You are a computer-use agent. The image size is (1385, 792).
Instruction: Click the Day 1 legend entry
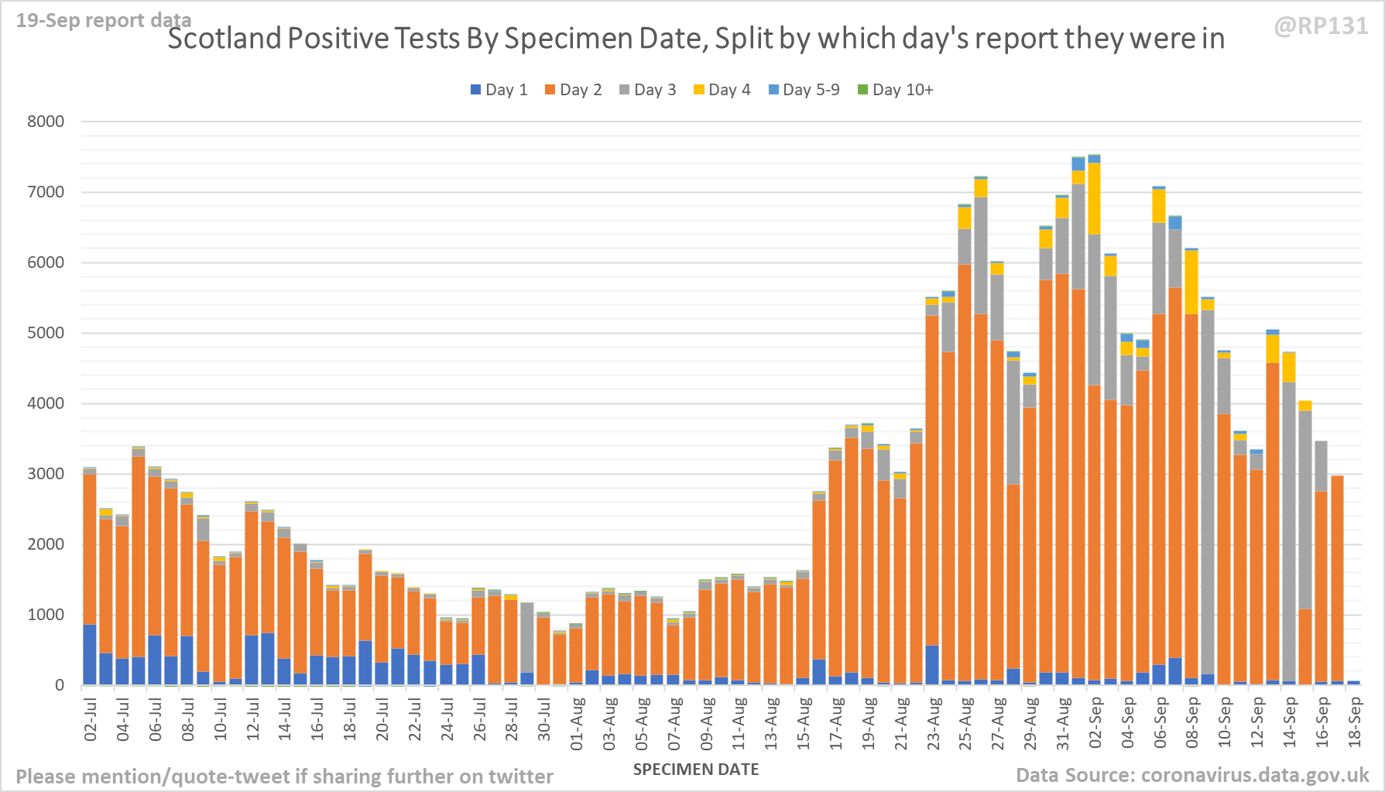click(499, 90)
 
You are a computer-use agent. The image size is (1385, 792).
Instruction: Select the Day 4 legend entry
click(722, 90)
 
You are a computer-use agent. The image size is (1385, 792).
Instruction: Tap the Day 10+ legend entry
click(896, 90)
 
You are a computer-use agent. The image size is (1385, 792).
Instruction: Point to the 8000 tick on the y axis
click(46, 122)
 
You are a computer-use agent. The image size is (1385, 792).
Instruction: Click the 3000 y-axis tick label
click(46, 474)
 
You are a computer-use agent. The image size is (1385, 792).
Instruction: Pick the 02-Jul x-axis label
click(91, 719)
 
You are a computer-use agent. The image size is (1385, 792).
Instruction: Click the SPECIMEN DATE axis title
click(696, 770)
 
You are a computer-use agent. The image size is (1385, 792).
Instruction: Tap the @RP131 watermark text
click(1321, 26)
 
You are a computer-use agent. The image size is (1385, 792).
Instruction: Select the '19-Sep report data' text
click(104, 20)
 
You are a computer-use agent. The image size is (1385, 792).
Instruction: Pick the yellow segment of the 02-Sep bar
click(1094, 198)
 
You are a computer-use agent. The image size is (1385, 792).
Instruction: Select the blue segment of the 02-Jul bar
click(90, 654)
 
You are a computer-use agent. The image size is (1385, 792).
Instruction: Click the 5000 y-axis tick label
click(46, 333)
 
